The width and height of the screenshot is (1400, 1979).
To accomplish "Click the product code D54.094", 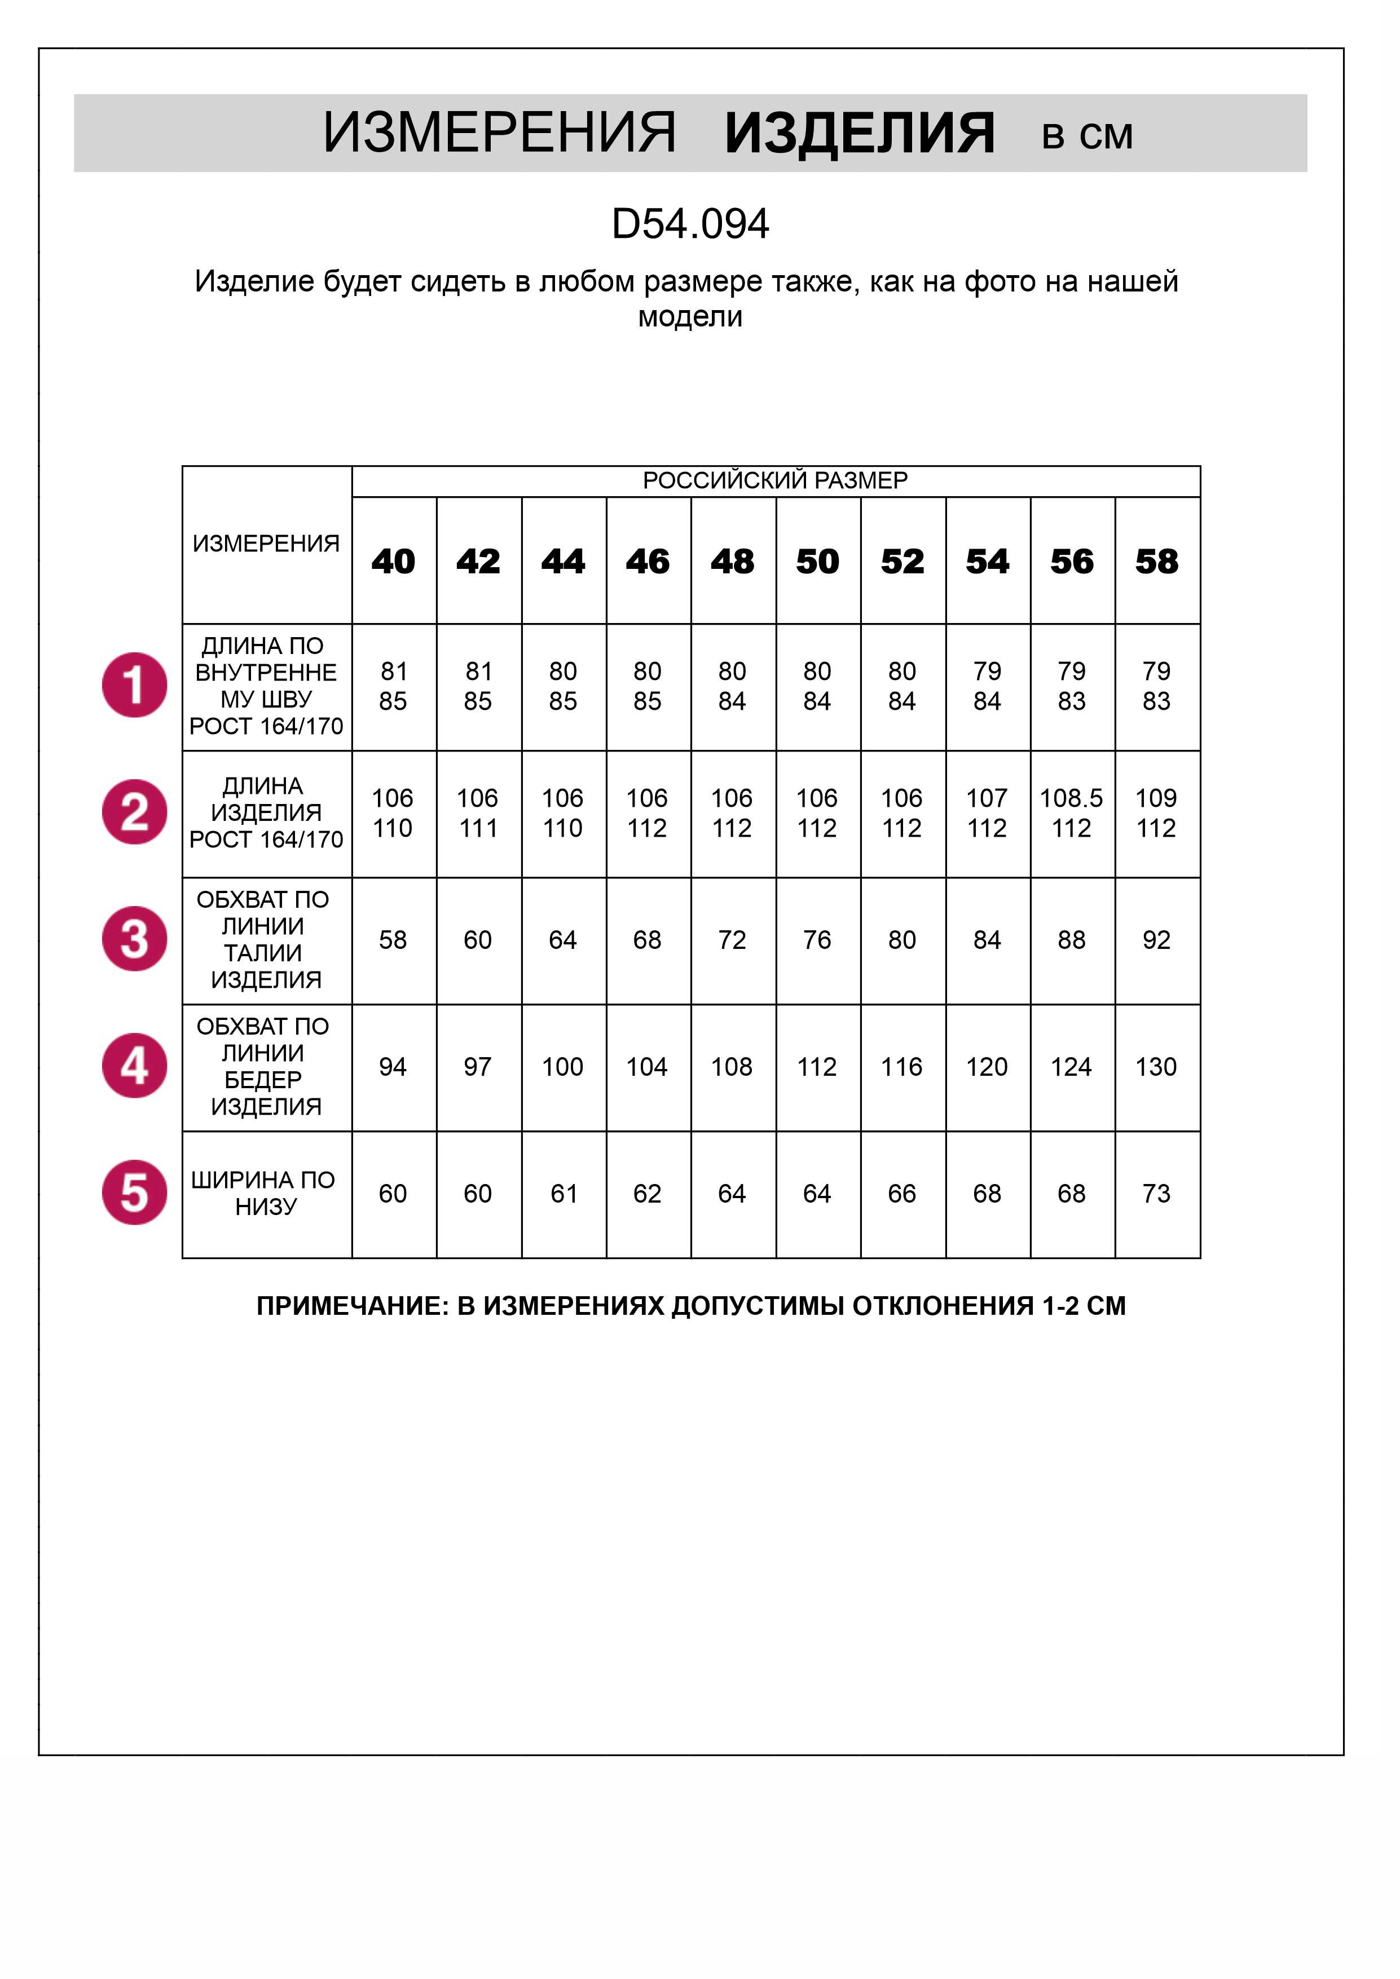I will tap(690, 224).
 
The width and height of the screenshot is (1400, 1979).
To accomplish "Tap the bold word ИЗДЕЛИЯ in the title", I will tap(860, 134).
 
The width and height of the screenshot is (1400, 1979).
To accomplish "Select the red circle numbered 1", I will tap(134, 685).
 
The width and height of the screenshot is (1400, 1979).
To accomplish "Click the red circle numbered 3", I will tap(134, 939).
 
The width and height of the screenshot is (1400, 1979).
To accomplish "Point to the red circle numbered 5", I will tap(134, 1193).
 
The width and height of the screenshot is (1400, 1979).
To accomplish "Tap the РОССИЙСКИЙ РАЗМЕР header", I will tap(775, 480).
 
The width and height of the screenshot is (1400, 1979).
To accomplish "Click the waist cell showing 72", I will tap(732, 939).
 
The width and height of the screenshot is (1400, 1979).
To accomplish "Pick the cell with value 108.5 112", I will tap(1072, 813).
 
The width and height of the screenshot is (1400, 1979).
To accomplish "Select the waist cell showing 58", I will tap(393, 939).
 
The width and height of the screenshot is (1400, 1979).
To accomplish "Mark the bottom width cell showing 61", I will tap(563, 1194).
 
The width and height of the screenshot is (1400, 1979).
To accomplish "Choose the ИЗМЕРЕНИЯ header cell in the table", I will tap(266, 544).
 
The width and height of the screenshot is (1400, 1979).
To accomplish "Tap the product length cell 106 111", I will tap(478, 813).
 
